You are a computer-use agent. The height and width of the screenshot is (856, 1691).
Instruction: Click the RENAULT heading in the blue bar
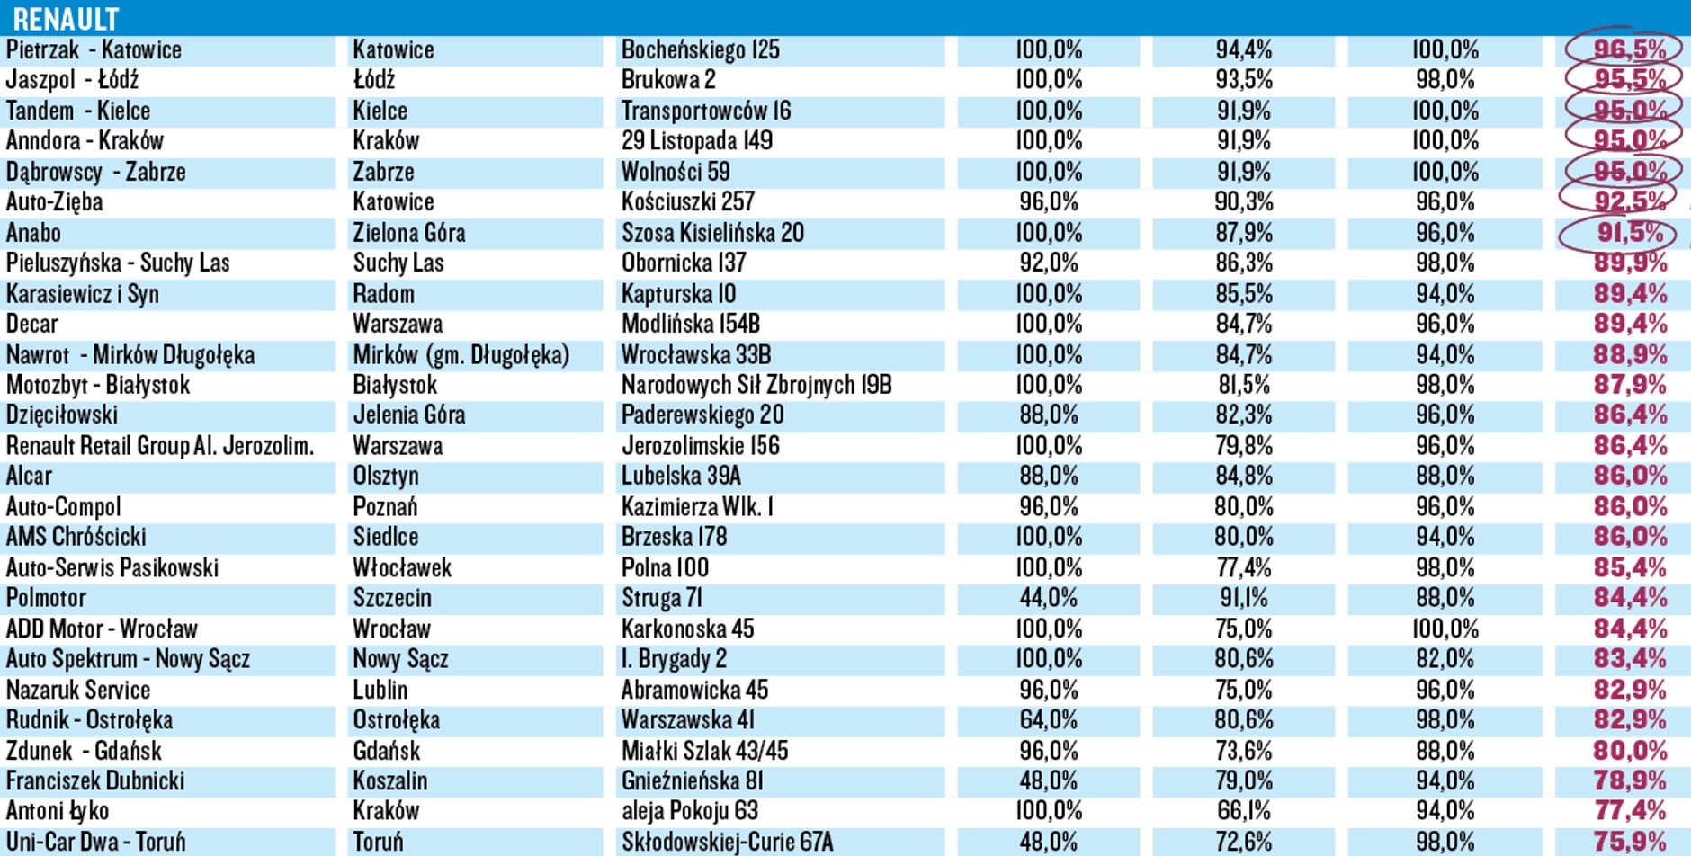coord(66,18)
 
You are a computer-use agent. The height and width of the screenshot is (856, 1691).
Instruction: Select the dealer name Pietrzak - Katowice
coord(94,50)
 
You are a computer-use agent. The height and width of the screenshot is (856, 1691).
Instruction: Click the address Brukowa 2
coord(668,80)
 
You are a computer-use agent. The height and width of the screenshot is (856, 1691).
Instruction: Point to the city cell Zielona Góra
coord(409,233)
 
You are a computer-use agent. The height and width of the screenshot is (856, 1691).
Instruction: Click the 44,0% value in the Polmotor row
coord(1048,598)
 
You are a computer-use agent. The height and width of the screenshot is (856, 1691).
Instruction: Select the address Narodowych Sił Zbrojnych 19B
coord(756,385)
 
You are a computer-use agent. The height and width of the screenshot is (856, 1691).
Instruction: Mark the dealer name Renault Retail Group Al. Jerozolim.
coord(160,446)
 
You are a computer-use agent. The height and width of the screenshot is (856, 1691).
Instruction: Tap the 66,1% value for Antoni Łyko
coord(1244,811)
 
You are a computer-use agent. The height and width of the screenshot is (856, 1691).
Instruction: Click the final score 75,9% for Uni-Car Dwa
coord(1629,842)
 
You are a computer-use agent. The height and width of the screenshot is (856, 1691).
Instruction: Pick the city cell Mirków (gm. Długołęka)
coord(461,355)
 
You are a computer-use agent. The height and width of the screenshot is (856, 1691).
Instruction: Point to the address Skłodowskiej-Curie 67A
coord(727,842)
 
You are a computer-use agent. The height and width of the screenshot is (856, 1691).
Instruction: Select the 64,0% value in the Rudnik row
coord(1048,720)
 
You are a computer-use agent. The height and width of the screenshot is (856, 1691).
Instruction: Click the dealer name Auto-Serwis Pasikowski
coord(112,568)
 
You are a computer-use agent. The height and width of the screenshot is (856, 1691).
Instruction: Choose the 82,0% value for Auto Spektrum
coord(1445,659)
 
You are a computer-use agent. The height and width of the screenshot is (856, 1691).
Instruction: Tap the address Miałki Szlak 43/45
coord(704,751)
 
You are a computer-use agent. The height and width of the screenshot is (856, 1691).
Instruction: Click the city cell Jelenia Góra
coord(409,415)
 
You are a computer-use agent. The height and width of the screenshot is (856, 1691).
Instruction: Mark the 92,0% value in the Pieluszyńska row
coord(1048,263)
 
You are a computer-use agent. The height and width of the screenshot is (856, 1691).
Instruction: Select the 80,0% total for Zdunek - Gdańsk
coord(1629,751)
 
